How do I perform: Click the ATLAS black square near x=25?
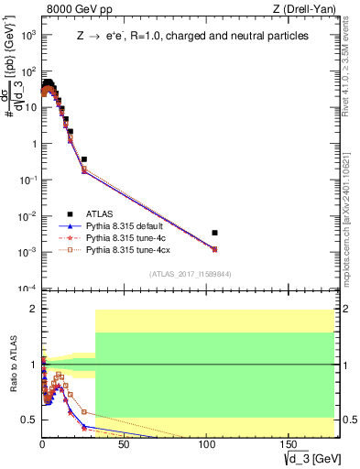pyautogui.click(x=83, y=159)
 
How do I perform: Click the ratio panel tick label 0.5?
pyautogui.click(x=28, y=420)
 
